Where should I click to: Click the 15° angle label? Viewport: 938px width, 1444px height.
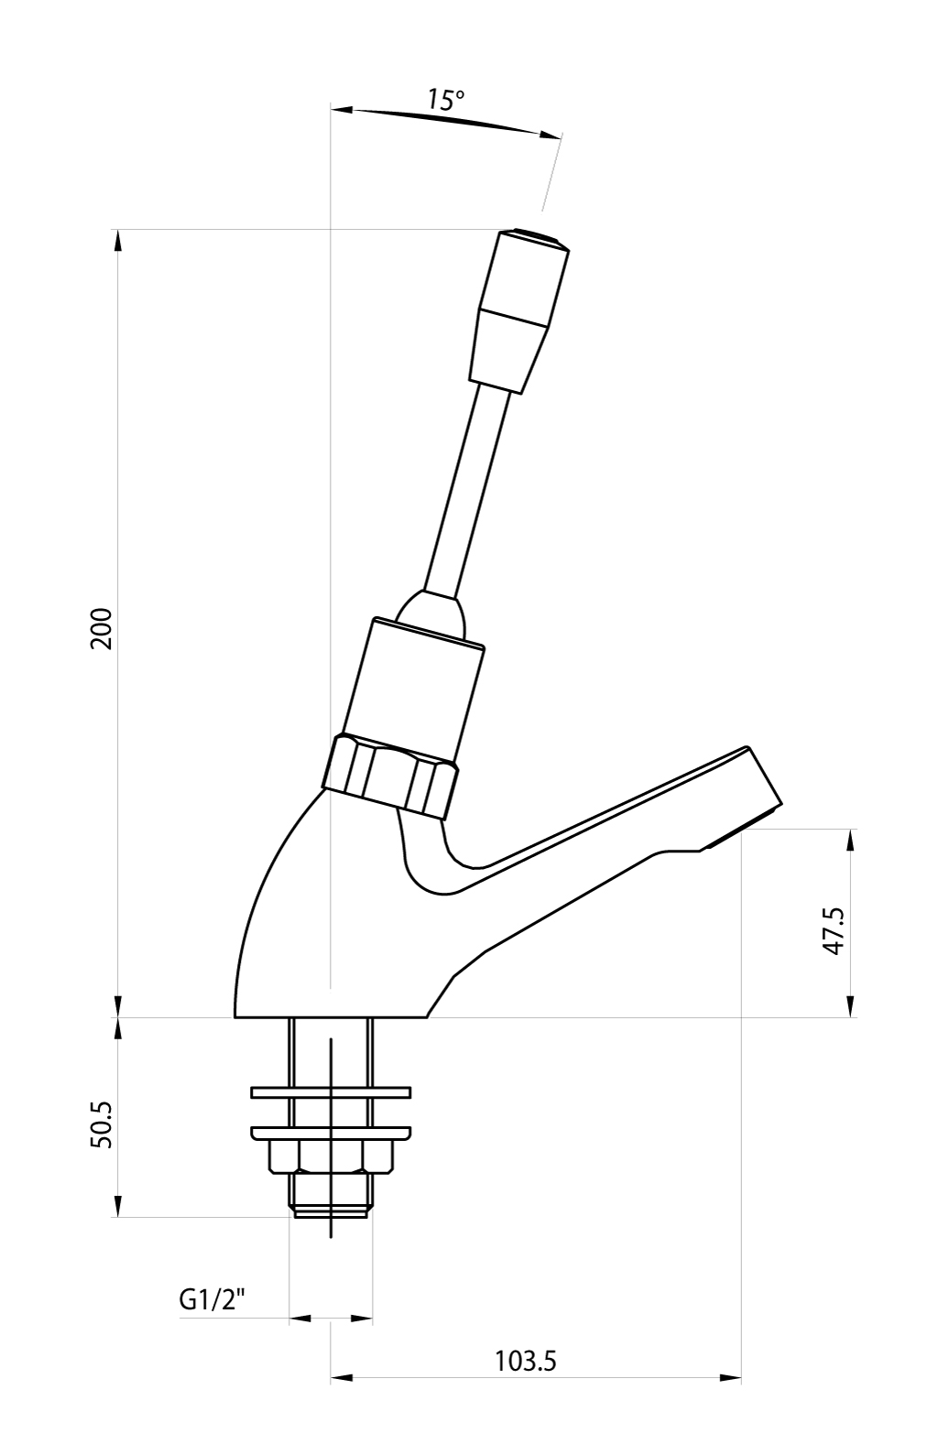(445, 100)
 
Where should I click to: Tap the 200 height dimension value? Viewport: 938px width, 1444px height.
(102, 628)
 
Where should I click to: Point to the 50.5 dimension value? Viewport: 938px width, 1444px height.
(102, 1124)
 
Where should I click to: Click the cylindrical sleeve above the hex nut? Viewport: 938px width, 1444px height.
(412, 686)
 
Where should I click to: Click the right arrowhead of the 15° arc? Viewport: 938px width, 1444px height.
(550, 135)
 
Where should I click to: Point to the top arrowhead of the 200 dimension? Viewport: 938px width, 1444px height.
(118, 241)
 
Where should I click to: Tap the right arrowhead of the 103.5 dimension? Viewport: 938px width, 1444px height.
(730, 1396)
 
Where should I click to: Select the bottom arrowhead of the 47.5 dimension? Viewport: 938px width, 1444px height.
(851, 1006)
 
